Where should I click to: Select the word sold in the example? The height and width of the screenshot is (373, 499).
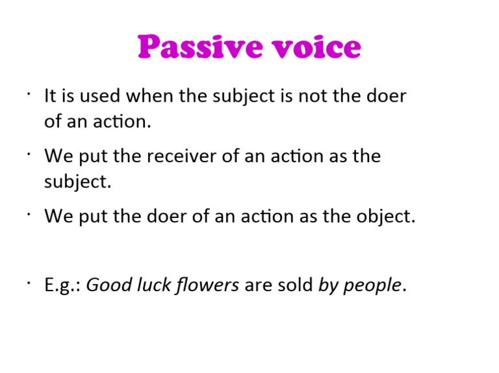click(294, 285)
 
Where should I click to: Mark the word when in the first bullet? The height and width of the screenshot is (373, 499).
click(146, 97)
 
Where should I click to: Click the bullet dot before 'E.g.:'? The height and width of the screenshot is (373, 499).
click(29, 283)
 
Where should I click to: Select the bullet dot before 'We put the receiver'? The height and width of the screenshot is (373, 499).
click(29, 154)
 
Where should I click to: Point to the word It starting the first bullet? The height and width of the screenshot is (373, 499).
click(50, 97)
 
